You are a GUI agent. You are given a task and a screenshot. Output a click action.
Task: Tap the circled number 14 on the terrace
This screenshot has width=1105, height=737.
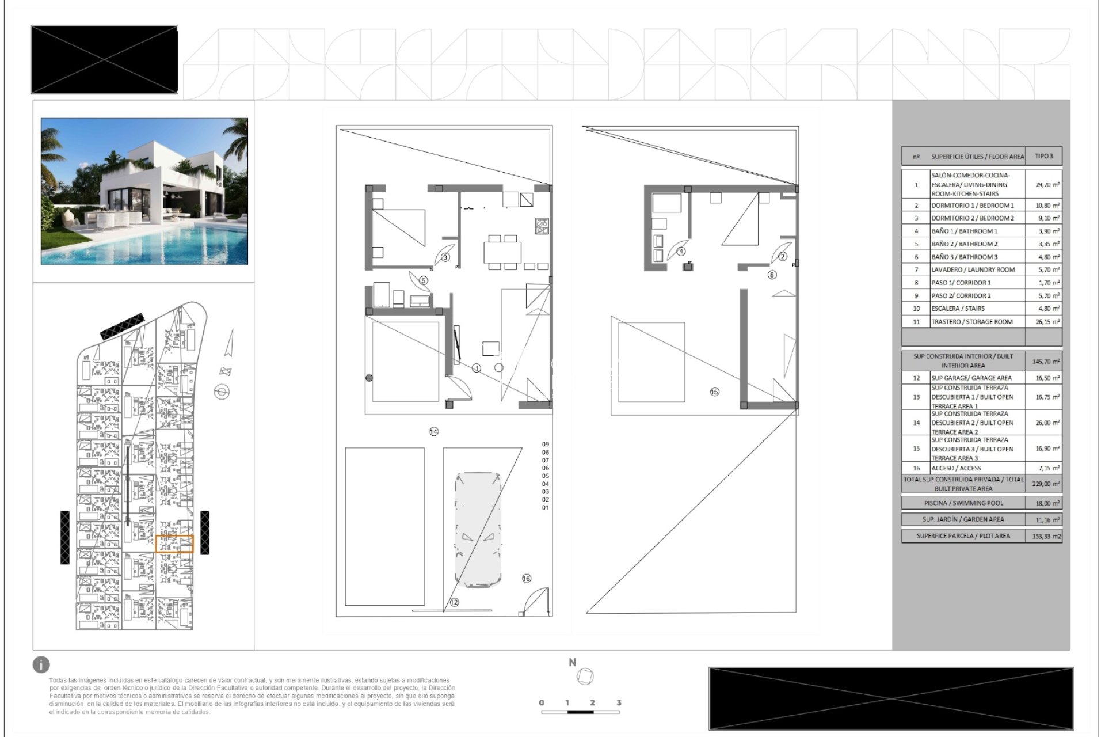[434, 431]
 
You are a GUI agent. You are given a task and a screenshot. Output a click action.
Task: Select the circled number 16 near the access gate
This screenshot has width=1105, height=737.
[527, 579]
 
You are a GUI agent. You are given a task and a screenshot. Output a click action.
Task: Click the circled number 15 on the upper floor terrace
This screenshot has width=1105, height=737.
[714, 392]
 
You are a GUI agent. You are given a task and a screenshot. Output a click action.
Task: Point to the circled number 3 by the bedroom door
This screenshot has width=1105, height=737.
[445, 257]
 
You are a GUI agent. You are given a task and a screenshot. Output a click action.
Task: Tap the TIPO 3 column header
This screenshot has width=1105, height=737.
[1043, 157]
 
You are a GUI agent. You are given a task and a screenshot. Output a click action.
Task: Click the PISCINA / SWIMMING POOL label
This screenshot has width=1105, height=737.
[963, 503]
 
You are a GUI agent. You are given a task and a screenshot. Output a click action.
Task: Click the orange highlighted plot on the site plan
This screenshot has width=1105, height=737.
[174, 544]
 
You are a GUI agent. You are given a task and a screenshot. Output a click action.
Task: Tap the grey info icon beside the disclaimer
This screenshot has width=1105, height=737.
[41, 664]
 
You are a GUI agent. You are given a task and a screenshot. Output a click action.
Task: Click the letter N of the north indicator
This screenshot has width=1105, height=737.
[572, 663]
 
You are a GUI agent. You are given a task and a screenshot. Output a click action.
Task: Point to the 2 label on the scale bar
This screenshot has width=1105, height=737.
[592, 702]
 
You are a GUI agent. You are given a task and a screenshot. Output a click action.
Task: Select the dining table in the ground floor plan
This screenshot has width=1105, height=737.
[502, 252]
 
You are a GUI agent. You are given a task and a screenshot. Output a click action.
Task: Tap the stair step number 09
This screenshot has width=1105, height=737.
[546, 445]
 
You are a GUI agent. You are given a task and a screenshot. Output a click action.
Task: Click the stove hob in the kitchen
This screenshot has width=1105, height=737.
[542, 226]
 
